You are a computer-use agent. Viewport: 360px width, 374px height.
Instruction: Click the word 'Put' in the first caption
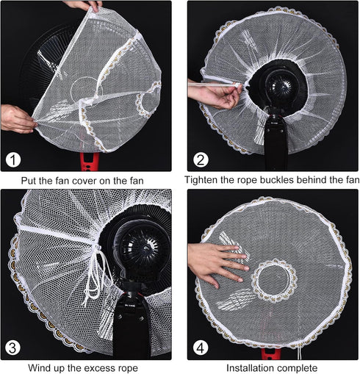coord(30,180)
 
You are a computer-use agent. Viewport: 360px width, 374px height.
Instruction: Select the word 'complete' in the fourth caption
coord(301,367)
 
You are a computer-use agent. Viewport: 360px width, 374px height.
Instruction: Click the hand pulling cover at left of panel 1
coord(16,118)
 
